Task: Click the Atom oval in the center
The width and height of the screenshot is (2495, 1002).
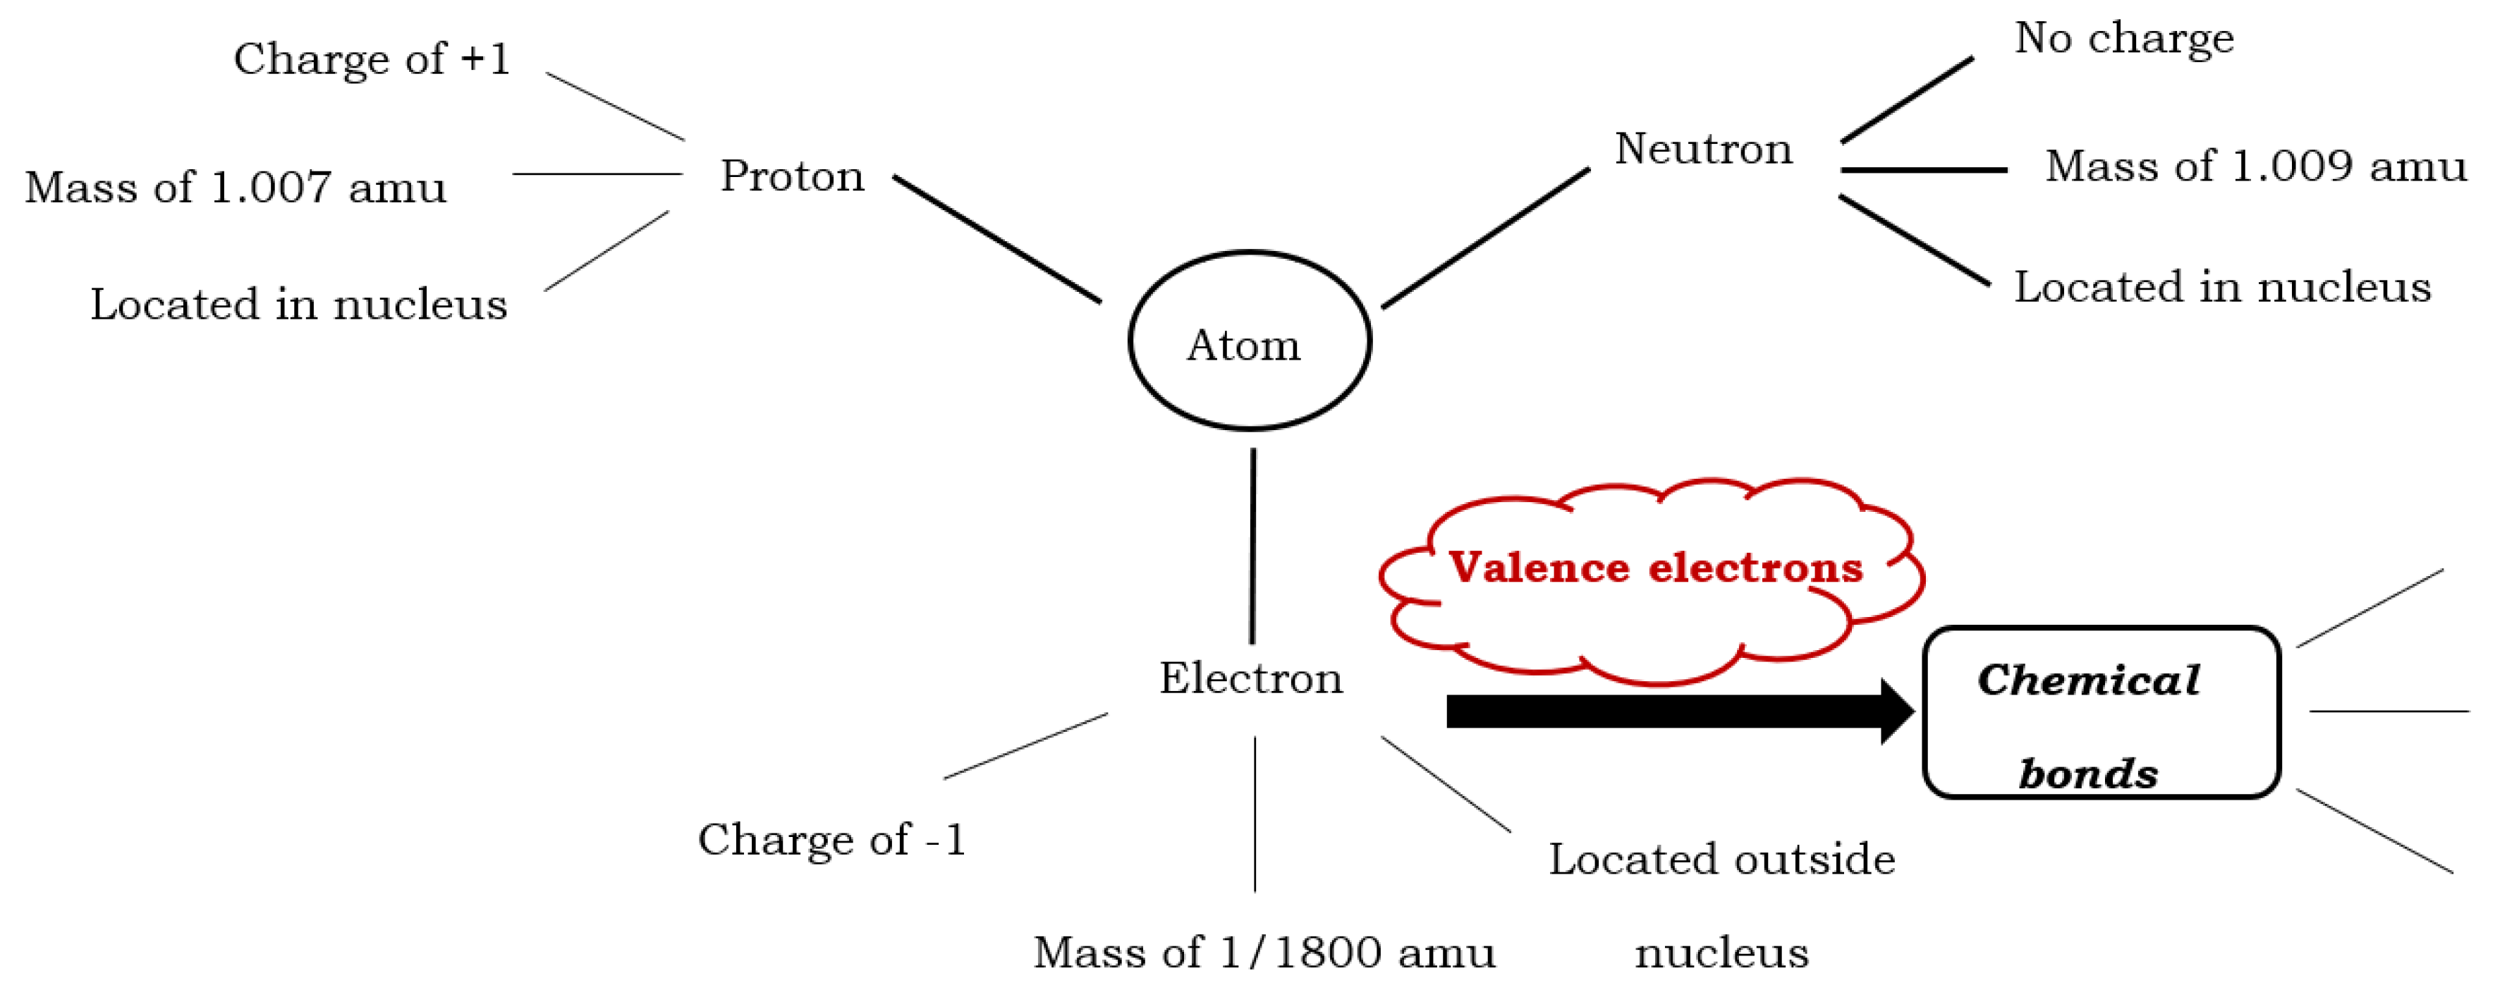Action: [1250, 341]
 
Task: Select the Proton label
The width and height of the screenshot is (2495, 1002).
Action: [792, 176]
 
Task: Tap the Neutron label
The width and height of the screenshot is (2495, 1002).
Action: [1704, 149]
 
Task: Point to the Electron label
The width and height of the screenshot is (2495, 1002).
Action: [1250, 678]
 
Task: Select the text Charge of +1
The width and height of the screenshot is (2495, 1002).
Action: [372, 59]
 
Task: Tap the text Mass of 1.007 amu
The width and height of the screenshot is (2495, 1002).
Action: [236, 187]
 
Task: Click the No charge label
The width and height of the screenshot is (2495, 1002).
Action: [2124, 39]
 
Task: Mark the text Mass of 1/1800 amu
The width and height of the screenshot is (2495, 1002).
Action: [1264, 953]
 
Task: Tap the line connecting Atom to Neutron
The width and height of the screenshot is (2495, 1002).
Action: [1486, 238]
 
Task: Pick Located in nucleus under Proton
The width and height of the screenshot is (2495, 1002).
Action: [298, 304]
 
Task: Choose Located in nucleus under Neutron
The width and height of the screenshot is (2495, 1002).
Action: [2222, 288]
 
